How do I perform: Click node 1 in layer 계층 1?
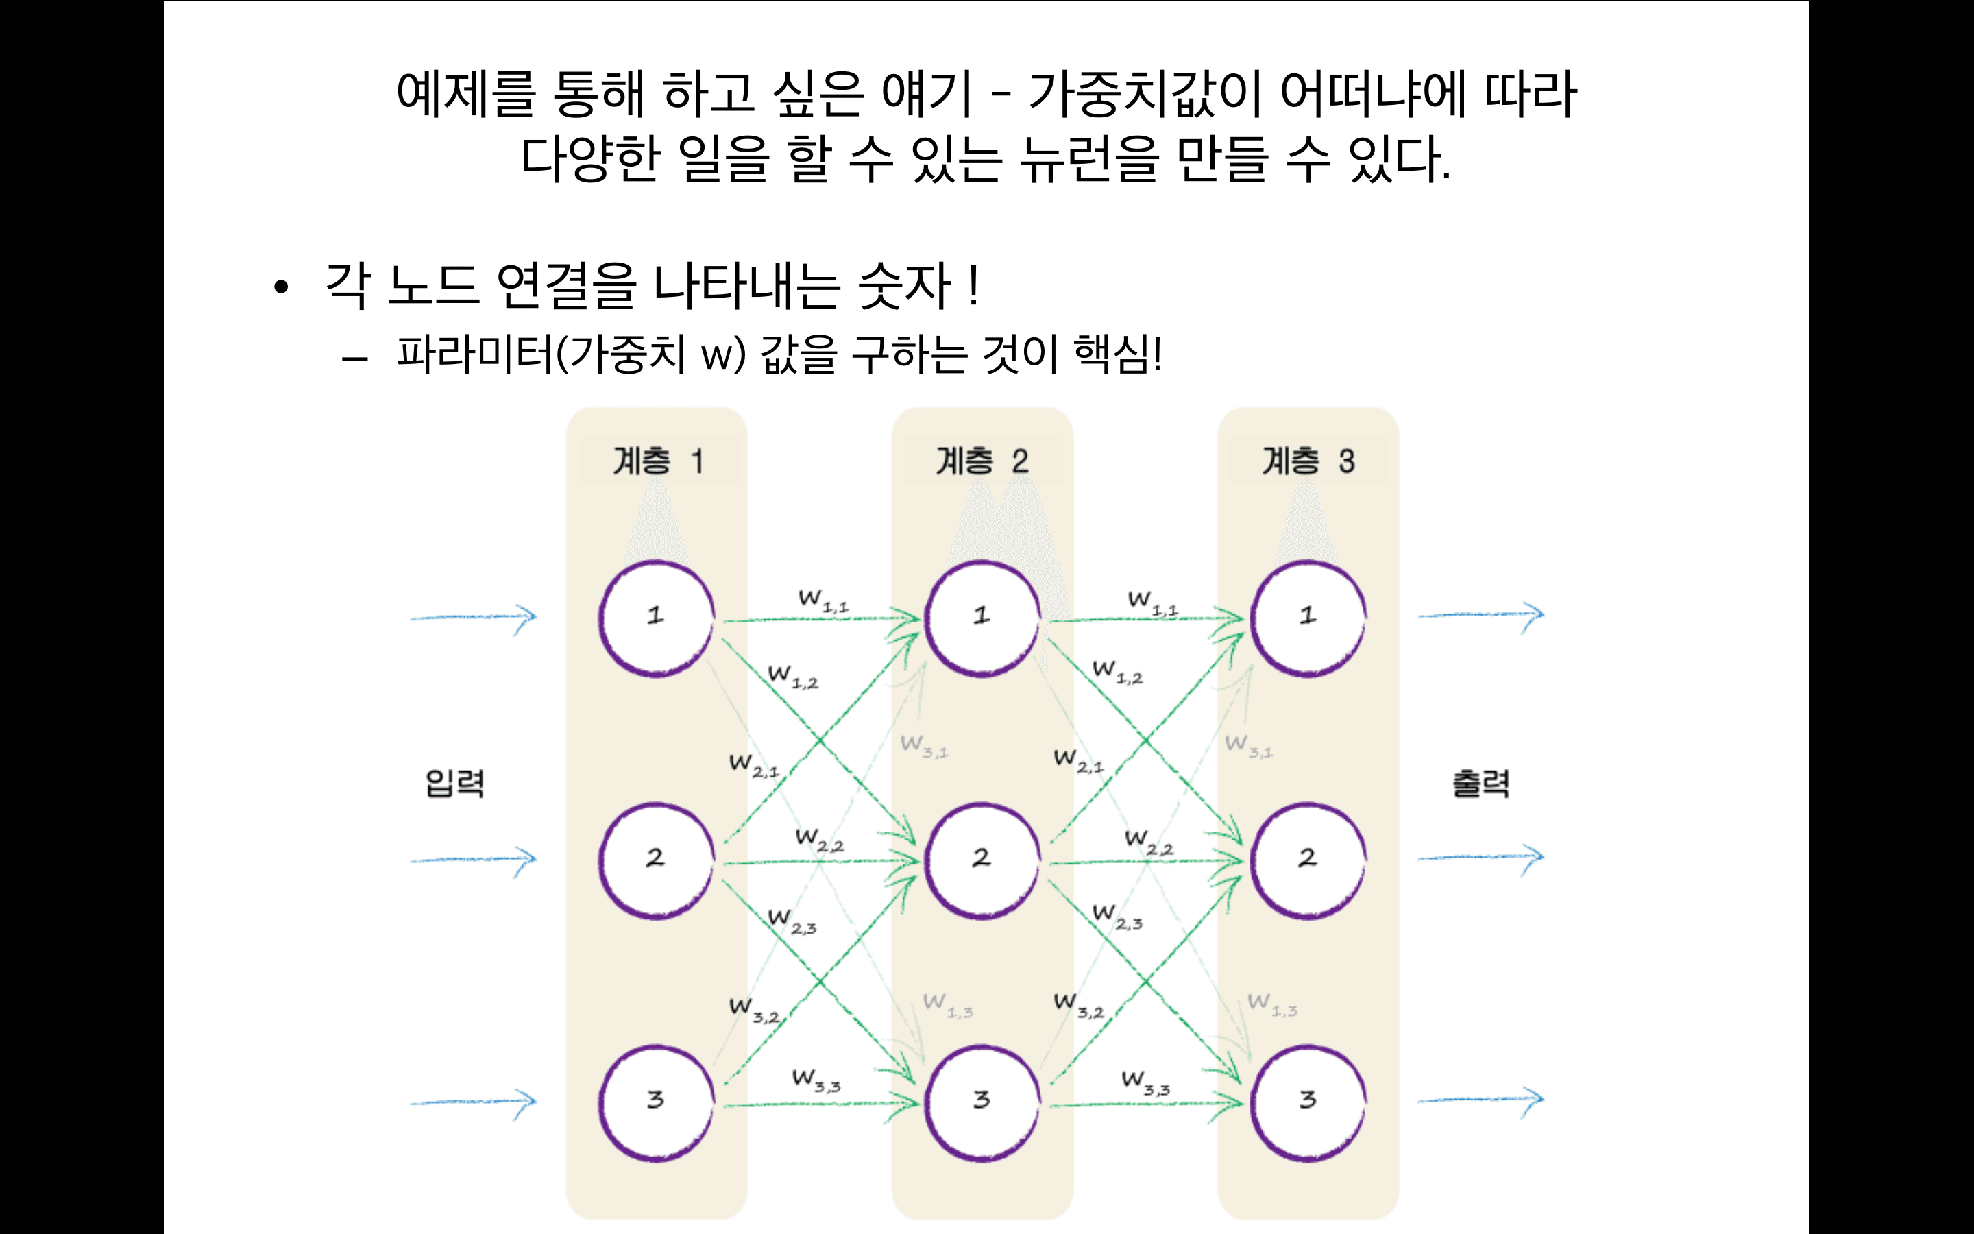click(657, 618)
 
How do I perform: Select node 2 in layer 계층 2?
click(982, 860)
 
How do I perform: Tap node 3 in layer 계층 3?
click(1308, 1102)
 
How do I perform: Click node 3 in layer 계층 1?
click(657, 1102)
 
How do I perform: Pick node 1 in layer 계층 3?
click(1308, 618)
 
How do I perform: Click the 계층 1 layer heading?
click(658, 461)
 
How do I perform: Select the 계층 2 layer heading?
click(982, 461)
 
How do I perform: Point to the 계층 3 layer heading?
click(1308, 461)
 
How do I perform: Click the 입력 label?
click(455, 784)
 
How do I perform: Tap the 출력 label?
click(1480, 784)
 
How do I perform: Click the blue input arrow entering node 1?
click(473, 618)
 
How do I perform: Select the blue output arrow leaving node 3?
click(1480, 1100)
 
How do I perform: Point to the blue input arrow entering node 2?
click(473, 860)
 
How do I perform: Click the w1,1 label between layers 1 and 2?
click(823, 601)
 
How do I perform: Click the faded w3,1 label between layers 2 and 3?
click(1249, 746)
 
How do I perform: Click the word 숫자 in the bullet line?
click(904, 287)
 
